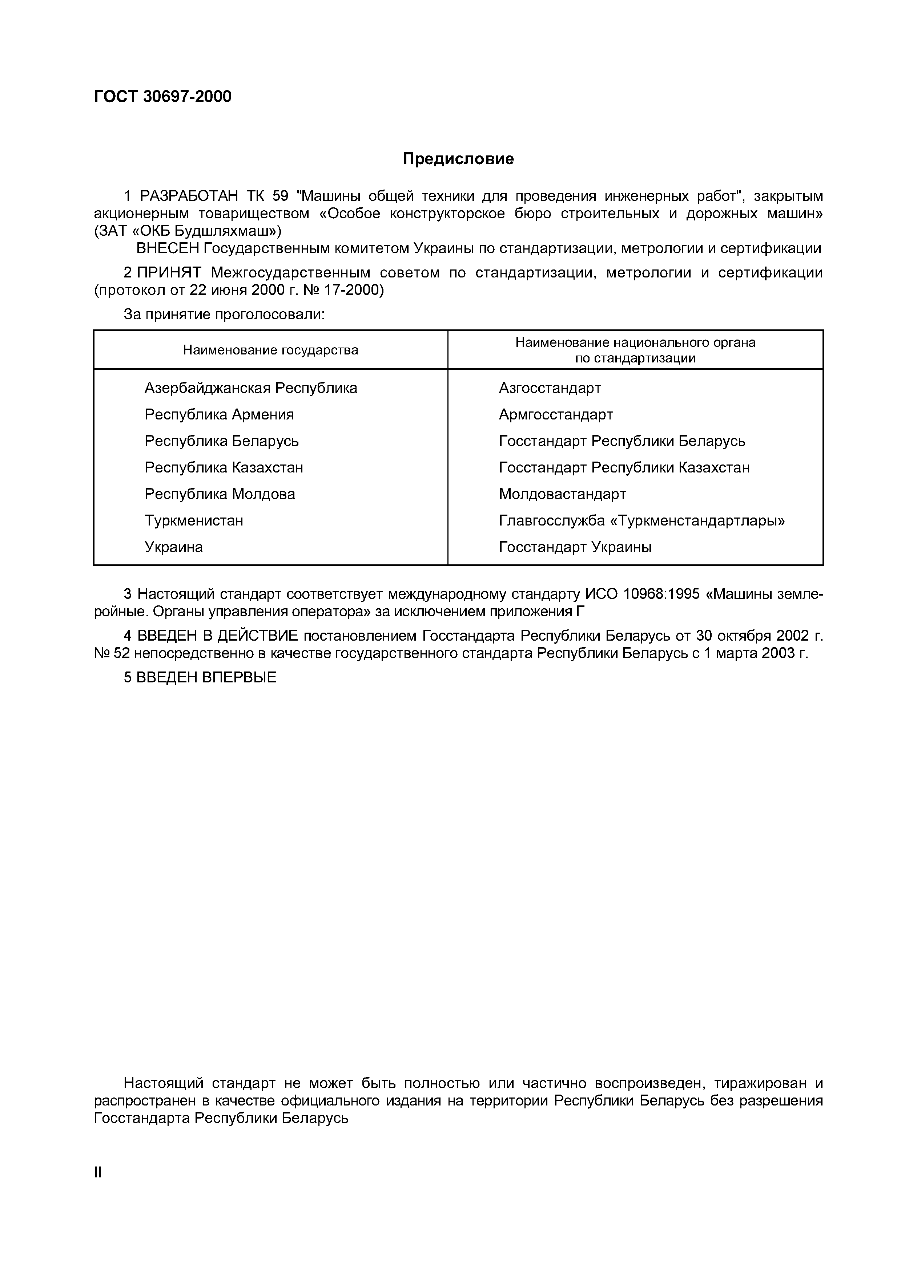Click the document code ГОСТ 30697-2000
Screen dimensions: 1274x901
(163, 97)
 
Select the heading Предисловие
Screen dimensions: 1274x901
(458, 159)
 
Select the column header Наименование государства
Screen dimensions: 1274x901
(270, 350)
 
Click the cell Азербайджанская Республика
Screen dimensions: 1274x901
(250, 388)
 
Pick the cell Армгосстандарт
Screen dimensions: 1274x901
(556, 414)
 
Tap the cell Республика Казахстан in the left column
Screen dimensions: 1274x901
(224, 468)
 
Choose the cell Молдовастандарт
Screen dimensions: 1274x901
(562, 494)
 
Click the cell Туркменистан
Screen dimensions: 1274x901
(194, 520)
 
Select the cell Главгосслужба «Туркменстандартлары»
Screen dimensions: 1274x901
(642, 520)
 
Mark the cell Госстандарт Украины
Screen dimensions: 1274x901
(575, 547)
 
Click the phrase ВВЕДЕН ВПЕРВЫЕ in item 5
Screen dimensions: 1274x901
(206, 678)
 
